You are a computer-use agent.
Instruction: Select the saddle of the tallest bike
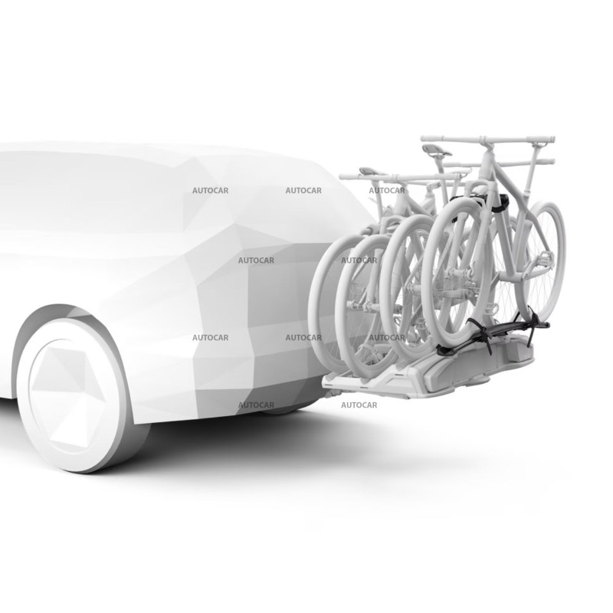(x=434, y=151)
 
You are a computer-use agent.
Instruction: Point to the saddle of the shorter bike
(x=369, y=172)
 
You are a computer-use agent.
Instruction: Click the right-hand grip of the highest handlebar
(x=546, y=142)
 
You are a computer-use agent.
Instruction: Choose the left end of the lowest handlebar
(x=343, y=177)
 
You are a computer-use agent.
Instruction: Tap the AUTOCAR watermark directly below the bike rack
(x=359, y=405)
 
